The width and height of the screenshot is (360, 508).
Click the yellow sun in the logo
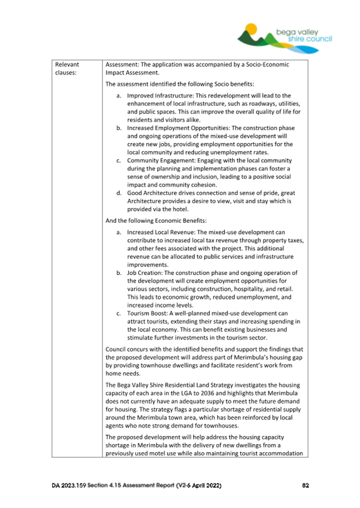point(253,28)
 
